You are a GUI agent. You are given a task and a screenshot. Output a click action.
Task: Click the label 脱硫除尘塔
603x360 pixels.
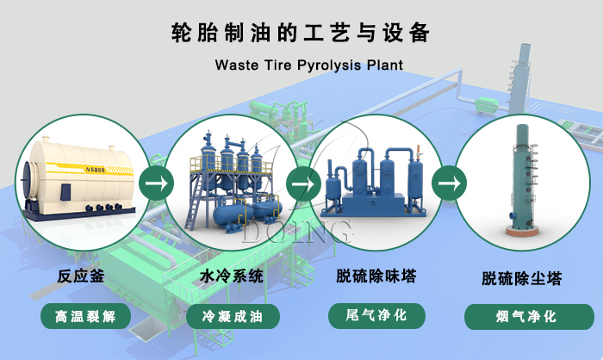[522, 279]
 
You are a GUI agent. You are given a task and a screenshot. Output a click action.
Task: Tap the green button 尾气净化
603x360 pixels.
[377, 315]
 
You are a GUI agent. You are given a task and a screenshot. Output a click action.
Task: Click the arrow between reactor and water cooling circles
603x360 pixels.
[156, 183]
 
